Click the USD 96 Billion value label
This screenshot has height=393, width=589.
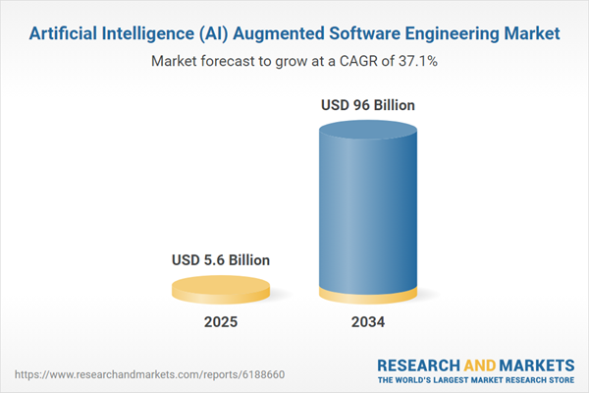[x=368, y=105]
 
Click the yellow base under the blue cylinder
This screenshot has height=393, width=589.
[x=367, y=295]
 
